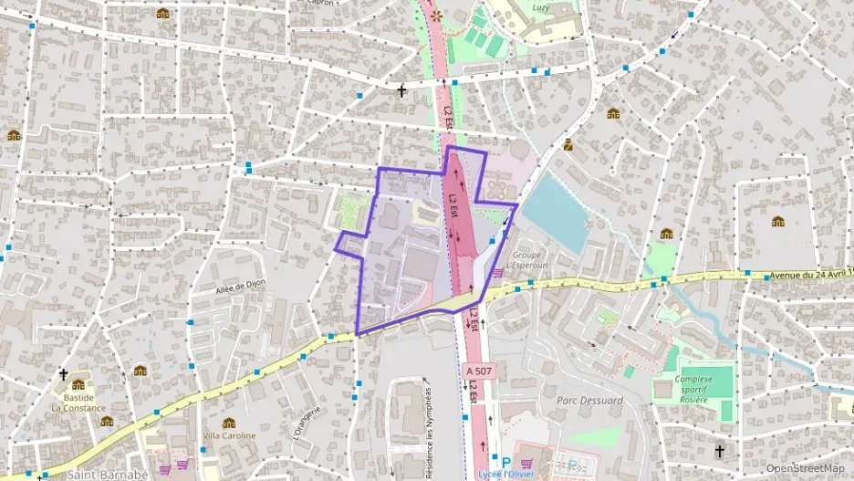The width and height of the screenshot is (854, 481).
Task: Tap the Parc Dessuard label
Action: tap(589, 400)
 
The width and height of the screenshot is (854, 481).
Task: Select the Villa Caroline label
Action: tap(228, 435)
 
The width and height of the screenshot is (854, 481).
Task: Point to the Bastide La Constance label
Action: tap(78, 403)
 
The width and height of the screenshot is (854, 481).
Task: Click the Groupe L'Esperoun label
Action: tap(528, 260)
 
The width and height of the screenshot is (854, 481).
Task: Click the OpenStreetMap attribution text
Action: tap(805, 468)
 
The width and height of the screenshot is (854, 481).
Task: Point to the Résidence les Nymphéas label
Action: tap(428, 424)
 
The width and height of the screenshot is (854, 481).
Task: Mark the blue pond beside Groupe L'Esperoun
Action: tap(556, 211)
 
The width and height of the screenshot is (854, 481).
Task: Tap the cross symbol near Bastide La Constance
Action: tap(63, 374)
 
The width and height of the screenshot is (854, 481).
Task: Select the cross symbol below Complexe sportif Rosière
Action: tap(719, 452)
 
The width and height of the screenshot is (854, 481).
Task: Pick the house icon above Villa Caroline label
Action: tap(228, 423)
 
